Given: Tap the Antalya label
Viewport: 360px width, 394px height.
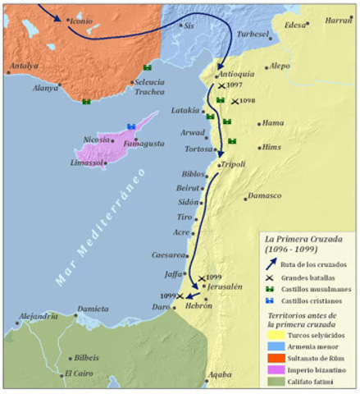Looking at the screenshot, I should [x=24, y=66].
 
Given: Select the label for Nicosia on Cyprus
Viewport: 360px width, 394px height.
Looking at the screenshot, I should [x=96, y=140].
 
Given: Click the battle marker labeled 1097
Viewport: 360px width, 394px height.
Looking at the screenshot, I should [x=221, y=85].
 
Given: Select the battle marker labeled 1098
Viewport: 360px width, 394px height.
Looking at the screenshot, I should [x=235, y=101].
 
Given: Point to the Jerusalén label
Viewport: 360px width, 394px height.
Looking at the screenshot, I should [x=225, y=287].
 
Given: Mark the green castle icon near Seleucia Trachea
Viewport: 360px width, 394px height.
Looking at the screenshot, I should [x=148, y=67].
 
